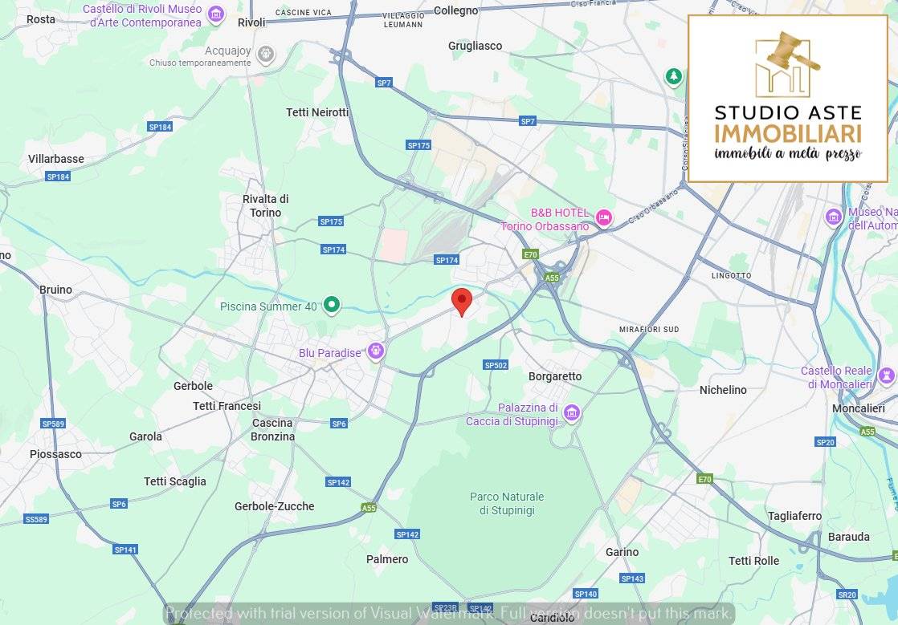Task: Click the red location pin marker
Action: point(462,301)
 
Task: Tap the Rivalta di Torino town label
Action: point(265,206)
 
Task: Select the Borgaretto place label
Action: point(555,376)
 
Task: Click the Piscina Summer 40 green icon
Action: point(331,305)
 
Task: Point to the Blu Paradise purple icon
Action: point(375,351)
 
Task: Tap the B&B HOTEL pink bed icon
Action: point(604,216)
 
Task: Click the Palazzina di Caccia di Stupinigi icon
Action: point(571,412)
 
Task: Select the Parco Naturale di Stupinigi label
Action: point(507,504)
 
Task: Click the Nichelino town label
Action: point(723,390)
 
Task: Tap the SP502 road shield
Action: point(496,365)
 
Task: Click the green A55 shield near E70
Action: point(551,278)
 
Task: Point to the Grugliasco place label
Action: point(476,46)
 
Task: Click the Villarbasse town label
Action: point(56,159)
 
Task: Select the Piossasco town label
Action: point(55,454)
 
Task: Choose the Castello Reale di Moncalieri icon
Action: point(887,375)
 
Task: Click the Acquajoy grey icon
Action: point(266,55)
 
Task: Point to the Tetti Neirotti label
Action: point(317,112)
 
